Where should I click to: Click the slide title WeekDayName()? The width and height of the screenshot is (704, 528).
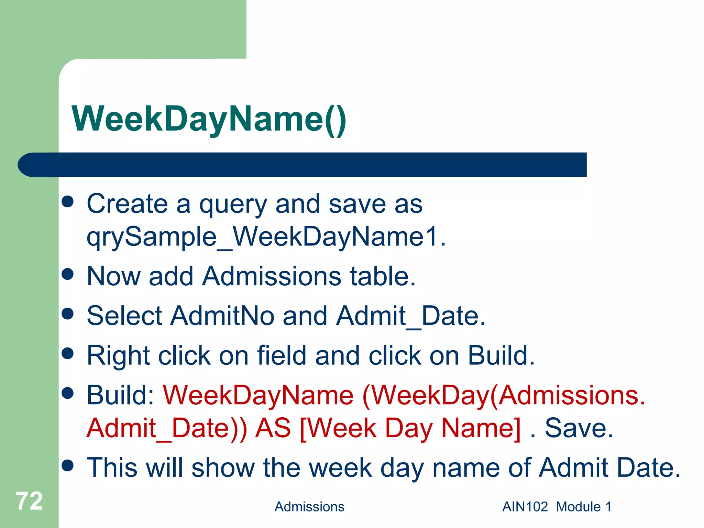pyautogui.click(x=209, y=119)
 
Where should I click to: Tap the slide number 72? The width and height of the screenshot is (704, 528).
pyautogui.click(x=29, y=501)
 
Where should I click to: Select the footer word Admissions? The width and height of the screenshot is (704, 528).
pyautogui.click(x=309, y=507)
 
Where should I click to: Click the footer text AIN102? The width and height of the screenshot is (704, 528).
pyautogui.click(x=525, y=507)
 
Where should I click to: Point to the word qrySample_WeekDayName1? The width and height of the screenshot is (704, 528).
pyautogui.click(x=266, y=237)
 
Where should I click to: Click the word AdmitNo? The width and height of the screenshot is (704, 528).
pyautogui.click(x=222, y=316)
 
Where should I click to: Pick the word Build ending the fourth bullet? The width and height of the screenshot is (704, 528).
pyautogui.click(x=501, y=355)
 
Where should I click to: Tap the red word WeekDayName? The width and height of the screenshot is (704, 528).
pyautogui.click(x=258, y=395)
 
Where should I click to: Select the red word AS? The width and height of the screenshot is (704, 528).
pyautogui.click(x=273, y=428)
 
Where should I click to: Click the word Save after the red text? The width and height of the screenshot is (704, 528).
pyautogui.click(x=579, y=428)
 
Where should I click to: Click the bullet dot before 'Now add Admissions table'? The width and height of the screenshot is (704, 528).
pyautogui.click(x=68, y=274)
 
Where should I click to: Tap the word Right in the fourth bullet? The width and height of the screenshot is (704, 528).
pyautogui.click(x=118, y=356)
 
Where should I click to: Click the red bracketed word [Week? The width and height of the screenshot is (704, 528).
pyautogui.click(x=338, y=428)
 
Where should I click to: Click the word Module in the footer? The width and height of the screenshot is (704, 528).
pyautogui.click(x=578, y=507)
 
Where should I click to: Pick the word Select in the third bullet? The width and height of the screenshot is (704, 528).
pyautogui.click(x=124, y=316)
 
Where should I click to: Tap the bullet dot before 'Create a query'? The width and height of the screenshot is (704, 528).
pyautogui.click(x=68, y=202)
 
